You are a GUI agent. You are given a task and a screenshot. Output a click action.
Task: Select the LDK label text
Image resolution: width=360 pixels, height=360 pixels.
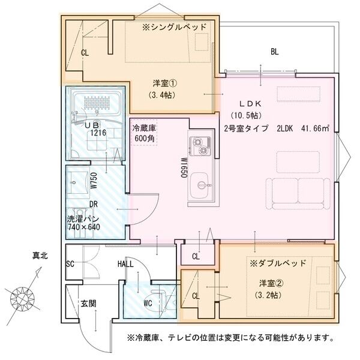pos(247,103)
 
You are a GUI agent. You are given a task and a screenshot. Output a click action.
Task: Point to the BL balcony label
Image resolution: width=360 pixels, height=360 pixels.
pos(274,52)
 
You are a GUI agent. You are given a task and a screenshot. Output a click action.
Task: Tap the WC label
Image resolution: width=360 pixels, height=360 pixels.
pos(148,303)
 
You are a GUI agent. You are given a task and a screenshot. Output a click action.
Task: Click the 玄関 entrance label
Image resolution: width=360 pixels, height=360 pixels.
pos(88,304)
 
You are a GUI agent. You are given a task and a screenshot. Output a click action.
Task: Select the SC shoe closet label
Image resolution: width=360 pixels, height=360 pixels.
pos(70,264)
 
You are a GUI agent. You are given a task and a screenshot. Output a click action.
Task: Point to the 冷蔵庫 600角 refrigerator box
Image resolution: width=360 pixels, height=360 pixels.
pos(144,133)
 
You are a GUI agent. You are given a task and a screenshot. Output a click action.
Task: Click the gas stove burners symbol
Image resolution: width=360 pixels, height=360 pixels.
pos(199,145)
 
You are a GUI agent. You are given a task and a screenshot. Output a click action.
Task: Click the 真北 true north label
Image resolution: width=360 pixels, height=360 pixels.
pos(40,256)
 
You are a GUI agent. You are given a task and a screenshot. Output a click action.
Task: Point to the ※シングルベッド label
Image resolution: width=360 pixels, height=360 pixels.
pos(174,28)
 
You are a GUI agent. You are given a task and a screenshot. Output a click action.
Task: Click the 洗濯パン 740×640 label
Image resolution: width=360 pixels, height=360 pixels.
pos(84,223)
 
